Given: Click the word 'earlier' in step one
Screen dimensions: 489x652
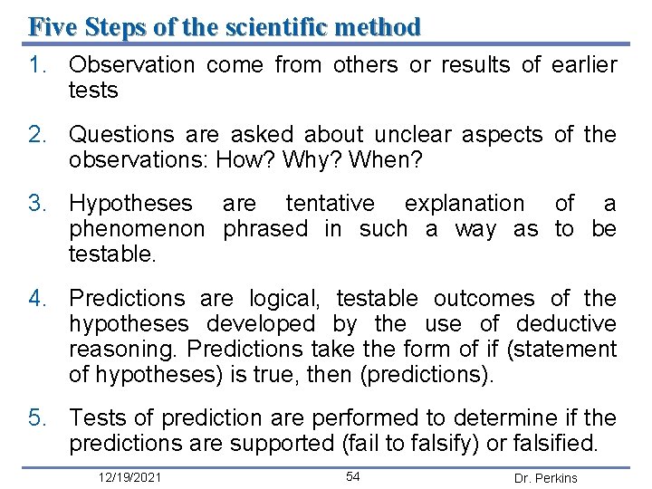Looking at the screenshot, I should click(583, 65).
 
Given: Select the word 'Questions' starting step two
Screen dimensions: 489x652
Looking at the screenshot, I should click(121, 135).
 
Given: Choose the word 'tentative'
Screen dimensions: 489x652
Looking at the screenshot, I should click(330, 204).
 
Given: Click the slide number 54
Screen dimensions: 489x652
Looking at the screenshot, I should click(353, 476).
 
